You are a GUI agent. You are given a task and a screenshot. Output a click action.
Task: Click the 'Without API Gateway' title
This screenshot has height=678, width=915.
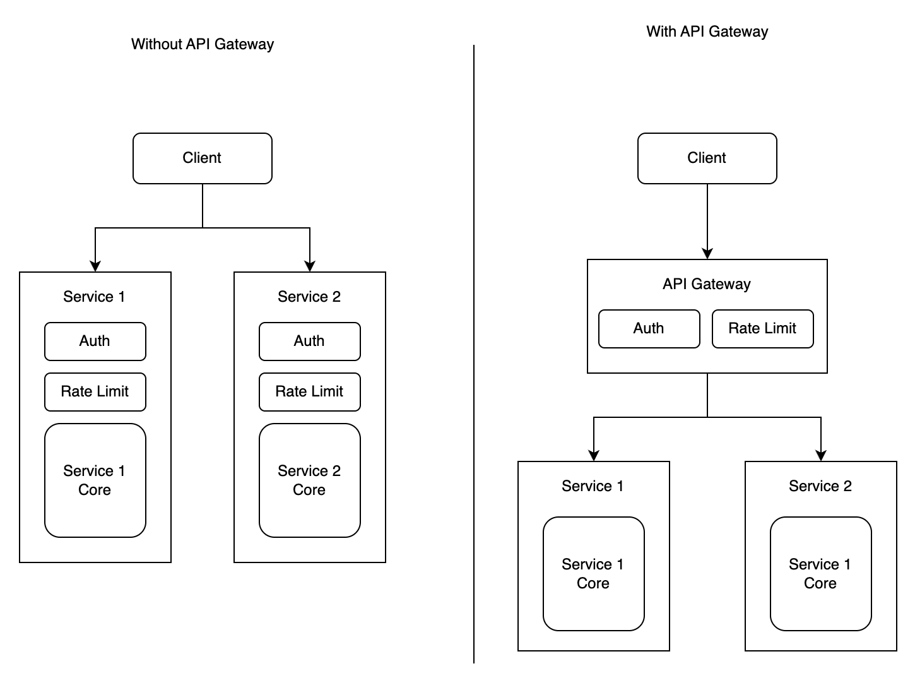[x=202, y=44]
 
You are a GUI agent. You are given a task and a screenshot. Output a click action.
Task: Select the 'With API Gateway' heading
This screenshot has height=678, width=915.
[x=707, y=32]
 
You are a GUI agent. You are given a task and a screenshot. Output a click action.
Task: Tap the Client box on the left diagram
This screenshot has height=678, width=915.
[x=202, y=158]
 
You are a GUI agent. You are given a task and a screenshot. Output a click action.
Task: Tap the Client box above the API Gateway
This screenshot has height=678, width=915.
[x=707, y=158]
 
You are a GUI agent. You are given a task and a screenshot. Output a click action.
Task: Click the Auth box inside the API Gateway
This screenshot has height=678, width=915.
[x=649, y=328]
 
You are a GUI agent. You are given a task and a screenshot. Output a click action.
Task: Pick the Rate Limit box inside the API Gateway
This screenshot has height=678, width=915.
[x=762, y=328]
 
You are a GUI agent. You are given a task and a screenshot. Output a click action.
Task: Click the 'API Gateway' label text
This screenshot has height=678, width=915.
[x=707, y=284]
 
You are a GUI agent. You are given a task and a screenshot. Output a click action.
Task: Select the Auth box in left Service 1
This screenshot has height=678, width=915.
[x=95, y=341]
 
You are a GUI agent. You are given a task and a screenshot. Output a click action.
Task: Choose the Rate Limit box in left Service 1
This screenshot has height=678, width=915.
[x=95, y=391]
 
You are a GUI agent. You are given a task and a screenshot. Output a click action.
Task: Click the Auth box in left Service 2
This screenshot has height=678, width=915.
[x=309, y=341]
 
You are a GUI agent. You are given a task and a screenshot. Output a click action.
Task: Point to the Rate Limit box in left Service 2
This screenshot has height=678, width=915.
[x=309, y=391]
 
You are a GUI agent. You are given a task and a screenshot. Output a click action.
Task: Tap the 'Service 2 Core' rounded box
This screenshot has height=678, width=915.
[x=309, y=480]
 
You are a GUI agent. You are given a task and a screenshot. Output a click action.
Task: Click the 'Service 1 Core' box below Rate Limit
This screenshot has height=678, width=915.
[x=95, y=480]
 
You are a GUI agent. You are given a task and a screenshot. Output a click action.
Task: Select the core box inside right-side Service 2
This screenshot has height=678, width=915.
[x=820, y=573]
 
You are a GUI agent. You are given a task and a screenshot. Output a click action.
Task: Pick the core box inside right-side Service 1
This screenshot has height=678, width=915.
[x=593, y=573]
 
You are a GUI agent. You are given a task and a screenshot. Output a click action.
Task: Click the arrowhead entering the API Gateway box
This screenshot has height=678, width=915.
[x=707, y=253]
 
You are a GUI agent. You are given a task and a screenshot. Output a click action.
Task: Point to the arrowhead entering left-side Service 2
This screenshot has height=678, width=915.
[x=310, y=266]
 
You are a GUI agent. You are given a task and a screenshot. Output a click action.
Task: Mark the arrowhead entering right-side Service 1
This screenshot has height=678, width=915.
[x=594, y=455]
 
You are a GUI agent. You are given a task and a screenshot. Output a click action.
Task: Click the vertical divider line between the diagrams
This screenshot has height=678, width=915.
[x=474, y=354]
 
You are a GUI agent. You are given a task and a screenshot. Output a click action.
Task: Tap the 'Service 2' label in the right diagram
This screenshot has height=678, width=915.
[x=820, y=486]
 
